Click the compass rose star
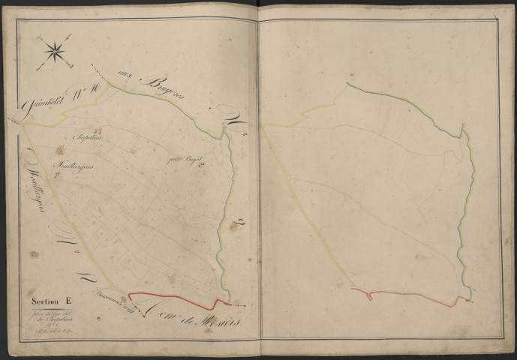pyautogui.click(x=54, y=50)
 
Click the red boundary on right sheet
pyautogui.click(x=413, y=292)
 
